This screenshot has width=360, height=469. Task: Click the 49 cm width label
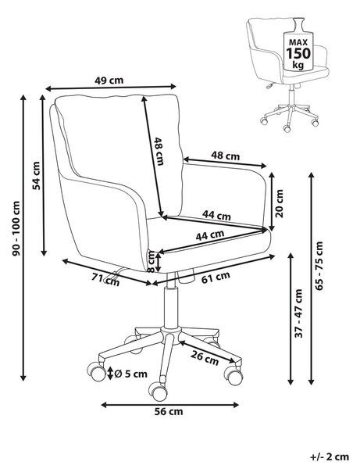tap(109, 81)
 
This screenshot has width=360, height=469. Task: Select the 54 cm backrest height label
tap(36, 176)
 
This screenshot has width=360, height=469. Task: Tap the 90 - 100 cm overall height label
tap(16, 228)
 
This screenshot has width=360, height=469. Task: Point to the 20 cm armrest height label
tap(279, 203)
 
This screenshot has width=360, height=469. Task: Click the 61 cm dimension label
tap(216, 277)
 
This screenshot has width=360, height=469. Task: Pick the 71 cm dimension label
tap(105, 280)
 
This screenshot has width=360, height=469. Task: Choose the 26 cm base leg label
tap(205, 358)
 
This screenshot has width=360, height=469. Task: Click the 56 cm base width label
tap(169, 411)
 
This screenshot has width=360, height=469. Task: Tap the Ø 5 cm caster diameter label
tap(130, 374)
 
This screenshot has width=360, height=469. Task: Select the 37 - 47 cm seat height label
tap(299, 313)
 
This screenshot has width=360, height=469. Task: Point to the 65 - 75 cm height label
tap(319, 266)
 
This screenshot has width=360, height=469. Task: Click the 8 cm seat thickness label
tap(151, 261)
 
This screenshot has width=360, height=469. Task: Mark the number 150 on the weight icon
tap(298, 53)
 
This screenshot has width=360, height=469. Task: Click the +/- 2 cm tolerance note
tap(330, 456)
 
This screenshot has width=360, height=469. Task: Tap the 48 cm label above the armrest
tap(225, 156)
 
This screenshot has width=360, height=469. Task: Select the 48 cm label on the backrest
tap(159, 152)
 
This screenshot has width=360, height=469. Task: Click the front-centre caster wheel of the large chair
tap(158, 392)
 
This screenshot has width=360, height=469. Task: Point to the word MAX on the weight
tap(298, 42)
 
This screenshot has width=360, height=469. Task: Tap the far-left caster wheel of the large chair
tap(96, 371)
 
